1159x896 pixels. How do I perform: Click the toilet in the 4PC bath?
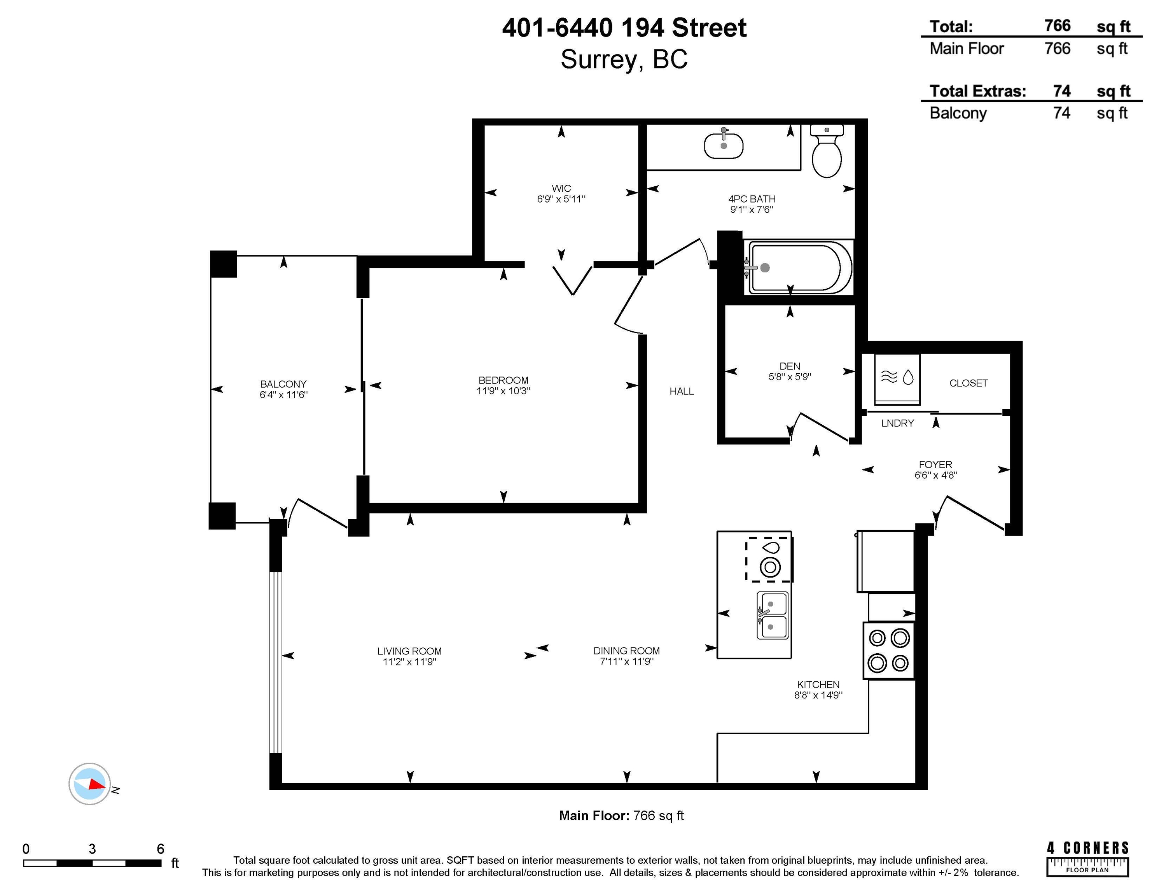click(827, 151)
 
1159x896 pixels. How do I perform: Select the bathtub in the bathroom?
click(798, 268)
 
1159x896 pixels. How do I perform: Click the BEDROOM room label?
click(503, 380)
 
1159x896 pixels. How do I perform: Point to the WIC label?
click(561, 189)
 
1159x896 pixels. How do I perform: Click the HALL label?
click(682, 391)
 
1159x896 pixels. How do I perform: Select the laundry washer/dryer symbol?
click(897, 379)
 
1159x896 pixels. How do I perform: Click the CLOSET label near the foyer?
click(968, 383)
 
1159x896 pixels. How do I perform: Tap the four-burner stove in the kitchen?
click(889, 650)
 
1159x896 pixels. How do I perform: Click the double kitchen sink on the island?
click(772, 615)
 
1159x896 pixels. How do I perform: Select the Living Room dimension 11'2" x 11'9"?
click(409, 662)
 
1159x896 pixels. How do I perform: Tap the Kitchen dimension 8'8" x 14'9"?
click(818, 695)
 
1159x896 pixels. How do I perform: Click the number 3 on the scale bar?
click(92, 849)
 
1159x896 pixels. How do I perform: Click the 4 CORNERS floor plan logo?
click(1087, 858)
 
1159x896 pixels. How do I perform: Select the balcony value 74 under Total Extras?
click(1061, 113)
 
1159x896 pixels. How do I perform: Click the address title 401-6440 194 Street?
click(624, 28)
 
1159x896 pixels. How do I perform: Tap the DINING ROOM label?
click(626, 651)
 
